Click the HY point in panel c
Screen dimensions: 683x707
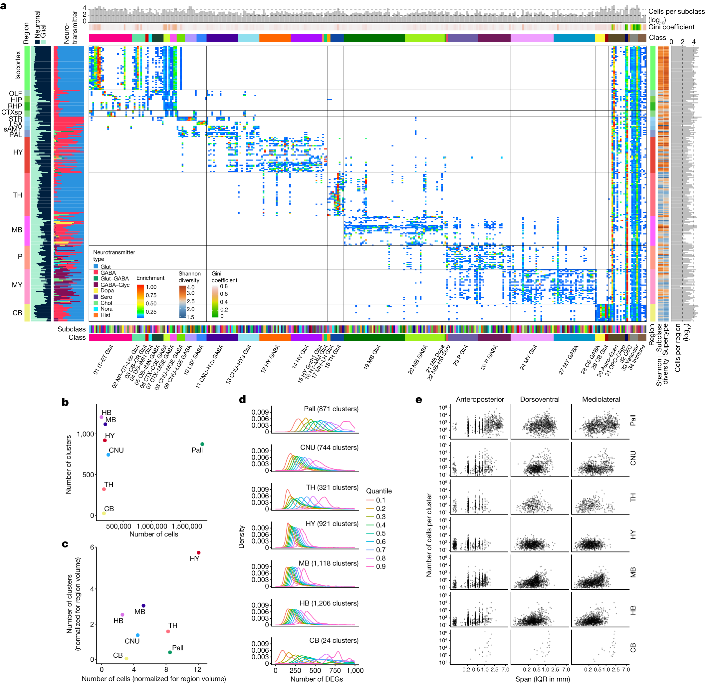point(198,552)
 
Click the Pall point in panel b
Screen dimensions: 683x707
point(202,444)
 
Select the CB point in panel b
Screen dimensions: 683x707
point(104,513)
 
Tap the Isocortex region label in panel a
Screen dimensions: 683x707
point(18,65)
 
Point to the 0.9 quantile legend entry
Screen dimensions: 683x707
point(376,566)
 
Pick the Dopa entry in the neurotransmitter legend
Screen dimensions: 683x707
point(107,290)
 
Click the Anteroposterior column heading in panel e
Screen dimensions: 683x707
point(479,399)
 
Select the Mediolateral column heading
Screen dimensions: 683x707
point(600,399)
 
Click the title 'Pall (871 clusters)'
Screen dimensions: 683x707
point(331,409)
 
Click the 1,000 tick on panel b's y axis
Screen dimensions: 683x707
point(86,434)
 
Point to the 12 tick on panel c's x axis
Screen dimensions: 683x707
point(197,669)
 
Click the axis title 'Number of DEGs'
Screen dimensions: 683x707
point(316,679)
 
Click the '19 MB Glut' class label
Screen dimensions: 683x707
point(371,357)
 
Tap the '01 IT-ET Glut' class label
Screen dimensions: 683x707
point(103,359)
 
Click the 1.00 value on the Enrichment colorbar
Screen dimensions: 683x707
point(151,287)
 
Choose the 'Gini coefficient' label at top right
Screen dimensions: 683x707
point(671,27)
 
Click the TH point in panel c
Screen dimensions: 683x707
point(168,631)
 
